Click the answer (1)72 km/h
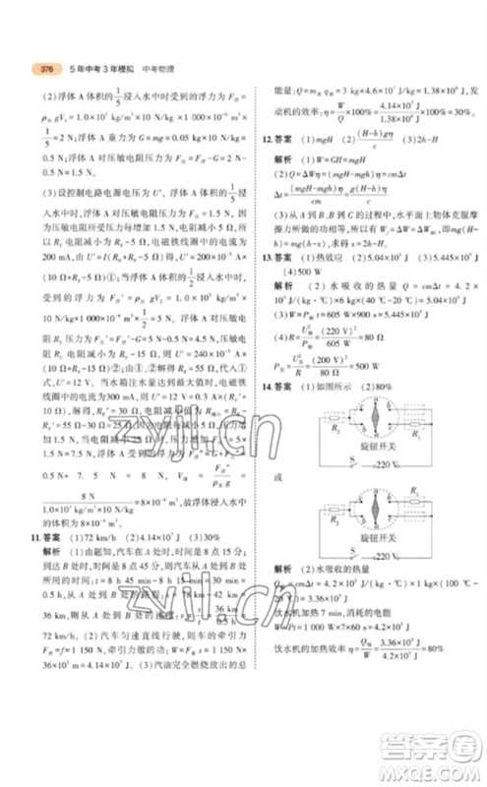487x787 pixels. [x=100, y=540]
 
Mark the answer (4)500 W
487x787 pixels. [x=298, y=299]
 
